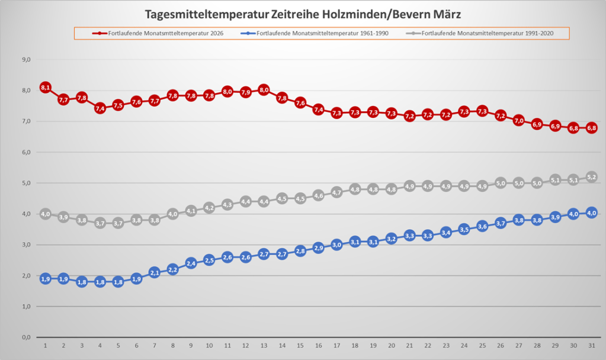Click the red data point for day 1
coord(46,88)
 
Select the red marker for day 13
coord(264,90)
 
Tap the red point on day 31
coord(591,128)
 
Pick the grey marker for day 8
coord(173,214)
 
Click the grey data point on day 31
coord(591,177)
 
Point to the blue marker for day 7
coord(155,272)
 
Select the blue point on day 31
coord(591,213)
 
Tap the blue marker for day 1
coord(46,279)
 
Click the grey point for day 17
coord(336,192)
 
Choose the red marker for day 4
coord(100,108)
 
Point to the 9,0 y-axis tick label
coord(25,60)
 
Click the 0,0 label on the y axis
coord(25,337)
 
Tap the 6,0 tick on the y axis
coord(25,152)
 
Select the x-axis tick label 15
coord(300,345)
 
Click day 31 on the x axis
coord(591,345)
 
